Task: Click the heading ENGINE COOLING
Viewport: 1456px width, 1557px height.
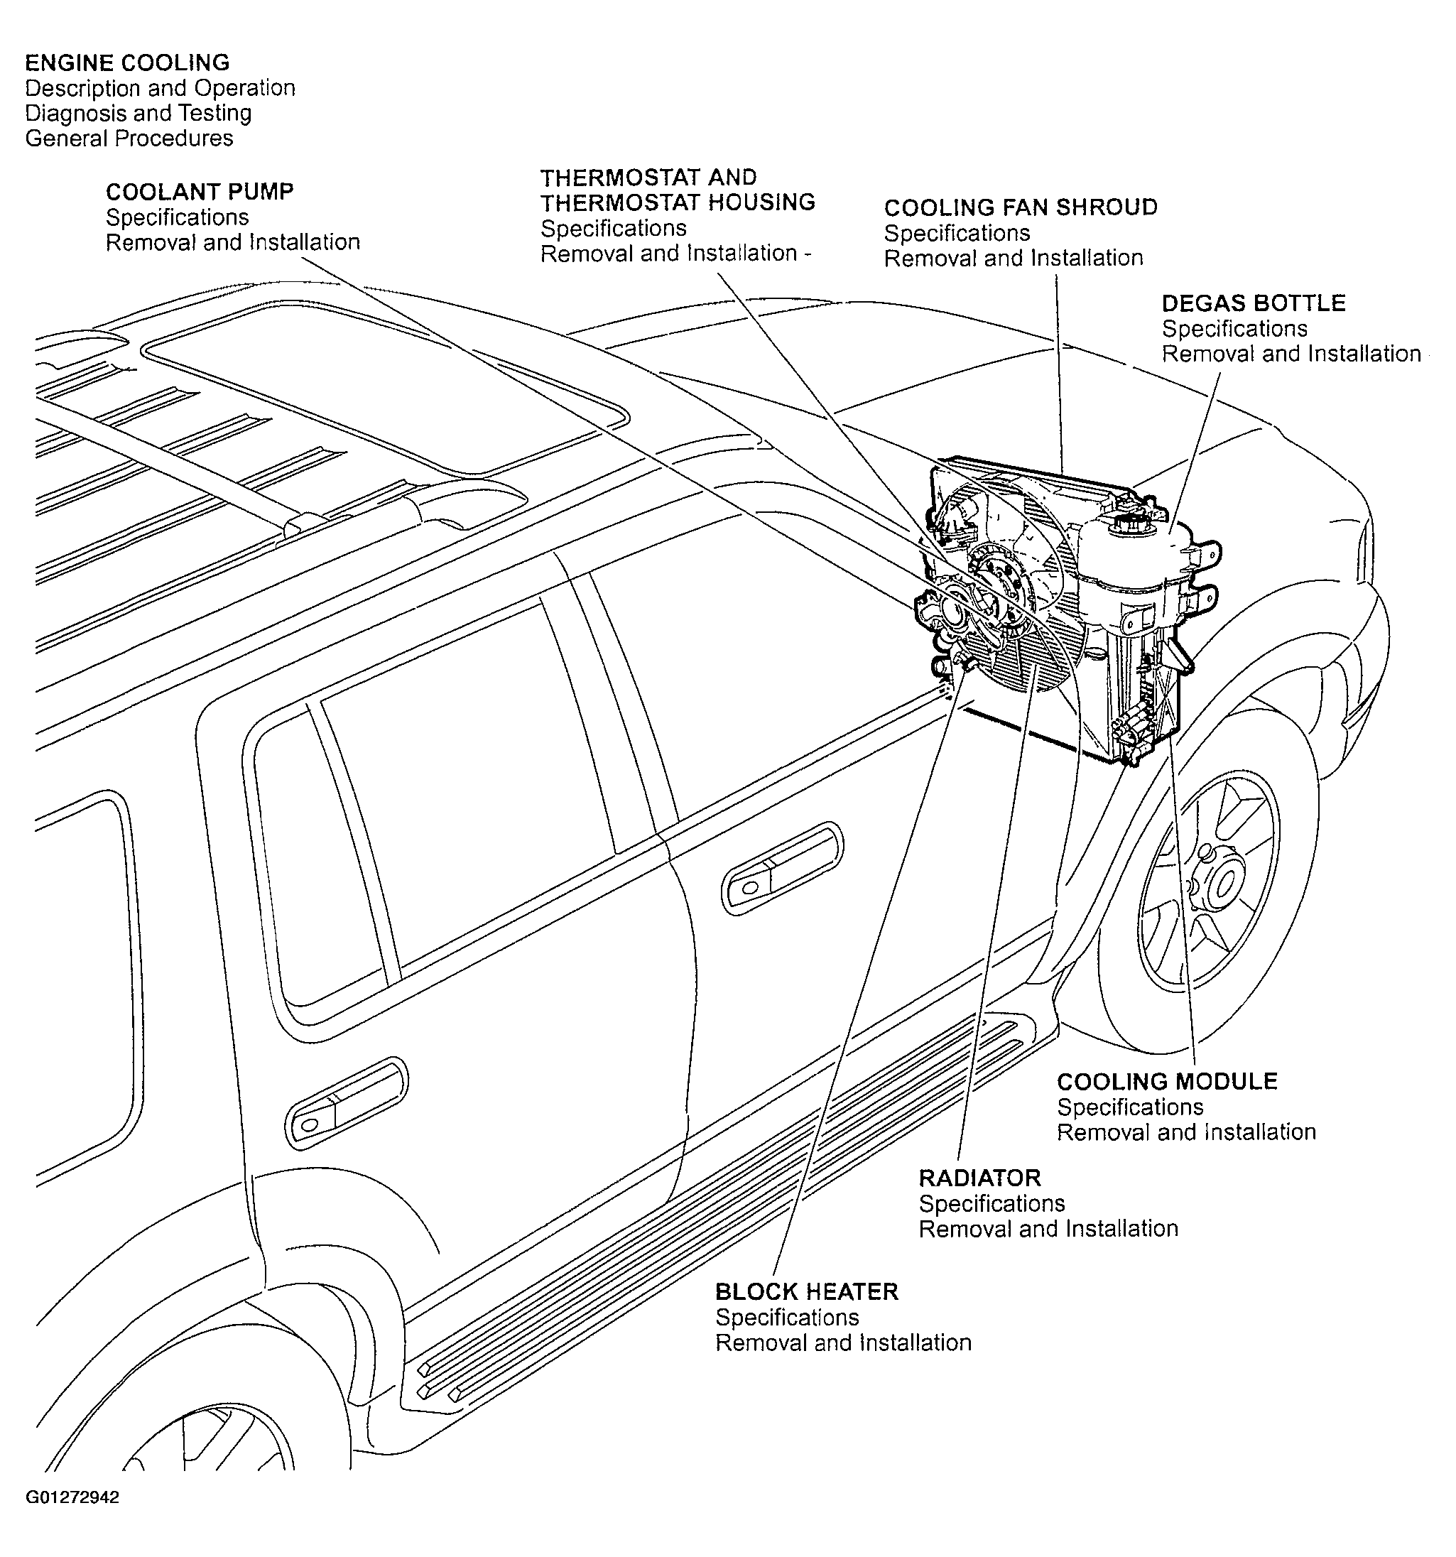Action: (127, 63)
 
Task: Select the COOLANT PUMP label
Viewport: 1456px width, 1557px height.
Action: (200, 192)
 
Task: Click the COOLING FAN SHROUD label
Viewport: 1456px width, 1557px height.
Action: (1021, 207)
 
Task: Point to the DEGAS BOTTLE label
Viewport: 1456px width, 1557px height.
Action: (1253, 303)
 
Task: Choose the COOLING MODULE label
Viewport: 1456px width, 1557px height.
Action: (1167, 1082)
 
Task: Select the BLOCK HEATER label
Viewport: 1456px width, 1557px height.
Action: (807, 1291)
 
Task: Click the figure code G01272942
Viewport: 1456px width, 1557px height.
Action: (72, 1497)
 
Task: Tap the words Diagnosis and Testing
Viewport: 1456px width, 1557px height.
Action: (138, 113)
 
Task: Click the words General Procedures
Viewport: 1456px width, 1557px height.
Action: (129, 138)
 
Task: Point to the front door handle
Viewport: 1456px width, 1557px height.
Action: (781, 869)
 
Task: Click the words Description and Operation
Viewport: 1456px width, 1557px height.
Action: (160, 87)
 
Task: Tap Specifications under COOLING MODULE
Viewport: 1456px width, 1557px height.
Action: (1130, 1107)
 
